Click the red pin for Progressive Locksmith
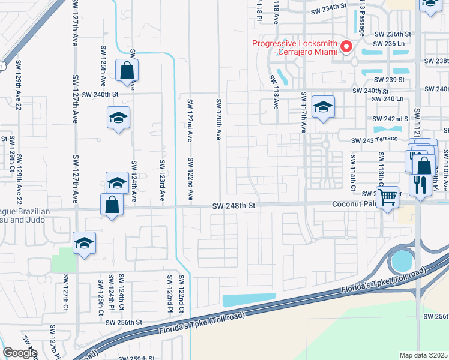(x=346, y=47)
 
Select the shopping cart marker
(x=388, y=196)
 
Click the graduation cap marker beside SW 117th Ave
(x=323, y=108)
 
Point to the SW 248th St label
(x=234, y=206)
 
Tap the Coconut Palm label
(x=354, y=205)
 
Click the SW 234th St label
(x=329, y=11)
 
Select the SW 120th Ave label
(x=219, y=120)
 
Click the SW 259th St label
(x=137, y=358)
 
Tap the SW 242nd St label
(x=391, y=119)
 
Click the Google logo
(x=19, y=353)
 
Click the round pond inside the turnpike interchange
(x=401, y=261)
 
